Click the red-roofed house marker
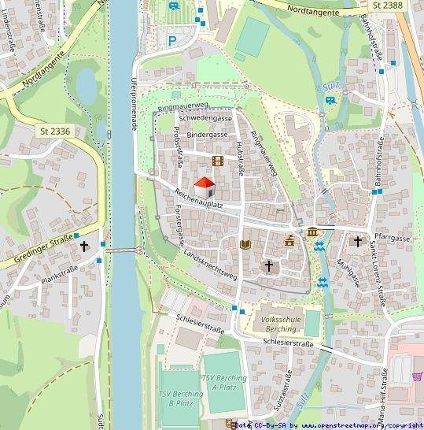(205, 187)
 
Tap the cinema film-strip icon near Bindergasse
(218, 161)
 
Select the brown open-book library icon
(245, 245)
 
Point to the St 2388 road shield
(388, 6)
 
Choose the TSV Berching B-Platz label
(175, 397)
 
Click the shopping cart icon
(417, 376)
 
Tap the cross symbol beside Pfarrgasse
(358, 241)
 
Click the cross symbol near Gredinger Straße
(84, 246)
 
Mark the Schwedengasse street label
(205, 118)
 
